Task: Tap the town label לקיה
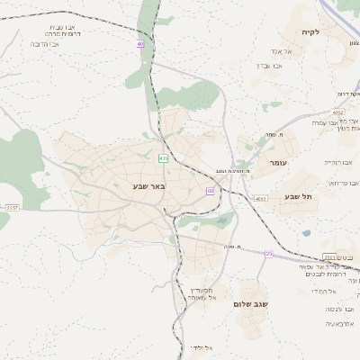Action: coord(336,32)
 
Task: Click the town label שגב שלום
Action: coord(251,304)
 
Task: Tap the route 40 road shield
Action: coord(140,43)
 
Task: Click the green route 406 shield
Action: coord(163,158)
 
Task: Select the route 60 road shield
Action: coord(210,191)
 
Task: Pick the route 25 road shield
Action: coord(268,254)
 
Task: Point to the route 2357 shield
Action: coord(12,208)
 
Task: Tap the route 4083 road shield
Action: coord(261,198)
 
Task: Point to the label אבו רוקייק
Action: coord(337,163)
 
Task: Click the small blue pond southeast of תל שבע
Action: coord(306,233)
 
